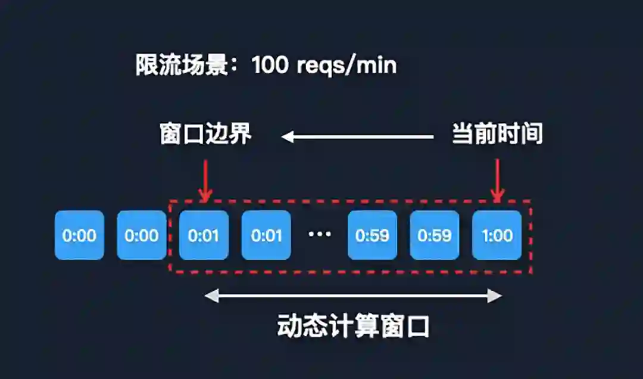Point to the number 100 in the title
(x=270, y=65)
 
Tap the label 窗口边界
(x=205, y=135)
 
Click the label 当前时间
(x=497, y=135)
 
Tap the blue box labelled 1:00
(x=497, y=235)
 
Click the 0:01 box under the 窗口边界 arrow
(x=204, y=235)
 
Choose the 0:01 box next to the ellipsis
(x=266, y=235)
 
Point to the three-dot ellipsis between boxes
(x=319, y=234)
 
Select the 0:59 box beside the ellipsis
(x=372, y=235)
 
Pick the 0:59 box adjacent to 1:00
(x=435, y=235)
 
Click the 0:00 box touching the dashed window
(x=141, y=235)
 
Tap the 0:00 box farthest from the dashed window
(x=79, y=235)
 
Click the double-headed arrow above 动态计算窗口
(x=353, y=296)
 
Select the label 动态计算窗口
(x=353, y=327)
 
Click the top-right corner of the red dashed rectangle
(x=530, y=201)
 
